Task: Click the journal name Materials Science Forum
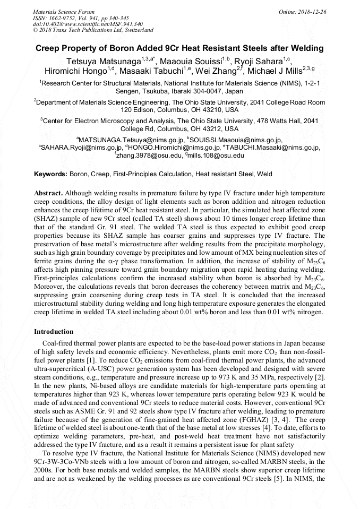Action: click(64, 11)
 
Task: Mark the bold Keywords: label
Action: click(50, 174)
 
